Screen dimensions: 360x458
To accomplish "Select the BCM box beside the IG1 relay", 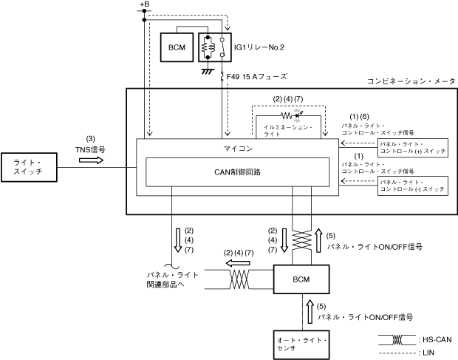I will tap(177, 47).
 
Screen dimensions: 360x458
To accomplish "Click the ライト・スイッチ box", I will tap(29, 166).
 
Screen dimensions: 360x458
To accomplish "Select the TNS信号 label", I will tap(90, 149).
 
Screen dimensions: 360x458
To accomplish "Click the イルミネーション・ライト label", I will tap(288, 130).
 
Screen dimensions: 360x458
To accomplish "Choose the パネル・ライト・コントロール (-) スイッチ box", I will tap(412, 186).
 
